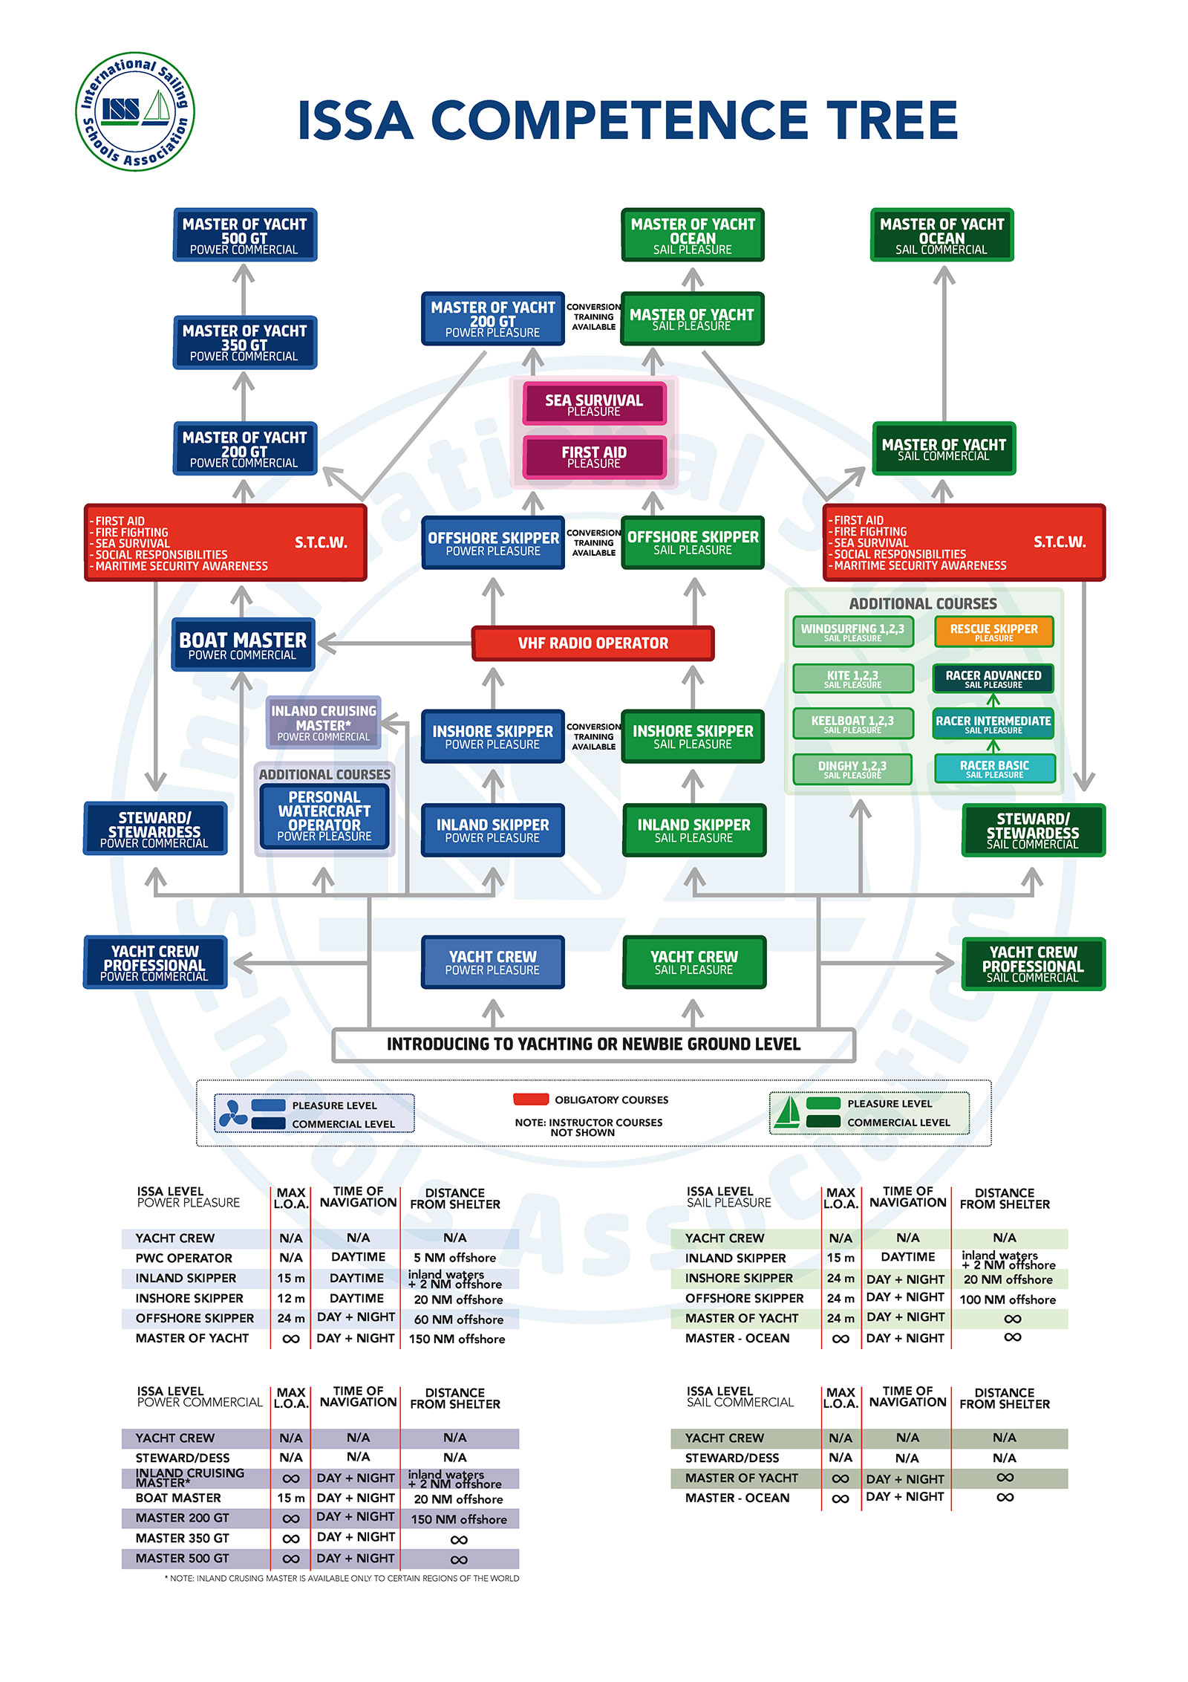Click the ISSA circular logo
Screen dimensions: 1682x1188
[135, 111]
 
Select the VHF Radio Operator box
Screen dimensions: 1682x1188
[593, 643]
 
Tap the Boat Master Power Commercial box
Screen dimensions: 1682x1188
[243, 645]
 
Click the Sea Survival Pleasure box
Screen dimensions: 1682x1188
[594, 404]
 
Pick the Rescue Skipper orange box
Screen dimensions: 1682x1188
[993, 631]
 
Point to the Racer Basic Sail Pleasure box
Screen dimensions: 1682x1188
[994, 768]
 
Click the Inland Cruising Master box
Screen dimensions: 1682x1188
[324, 722]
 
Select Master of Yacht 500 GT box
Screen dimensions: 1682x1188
[244, 236]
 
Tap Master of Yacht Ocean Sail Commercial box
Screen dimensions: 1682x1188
[941, 236]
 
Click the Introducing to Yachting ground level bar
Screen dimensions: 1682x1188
[593, 1044]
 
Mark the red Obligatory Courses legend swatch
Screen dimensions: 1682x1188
[531, 1099]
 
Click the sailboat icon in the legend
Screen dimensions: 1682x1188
[787, 1112]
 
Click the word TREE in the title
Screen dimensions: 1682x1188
[891, 121]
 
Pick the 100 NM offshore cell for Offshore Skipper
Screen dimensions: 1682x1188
[1007, 1299]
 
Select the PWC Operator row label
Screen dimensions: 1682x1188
[183, 1258]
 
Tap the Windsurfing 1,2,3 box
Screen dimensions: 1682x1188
[852, 631]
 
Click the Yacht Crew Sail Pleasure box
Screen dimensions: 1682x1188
[693, 962]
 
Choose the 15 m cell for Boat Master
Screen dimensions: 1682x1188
[290, 1498]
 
